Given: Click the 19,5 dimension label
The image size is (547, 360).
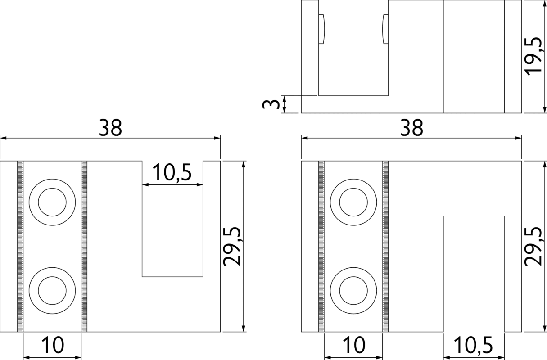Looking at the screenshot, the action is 534,57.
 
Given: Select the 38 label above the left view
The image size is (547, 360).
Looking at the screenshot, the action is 110,128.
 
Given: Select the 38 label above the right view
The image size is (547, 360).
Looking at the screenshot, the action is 411,128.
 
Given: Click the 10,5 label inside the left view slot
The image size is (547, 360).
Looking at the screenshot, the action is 172,172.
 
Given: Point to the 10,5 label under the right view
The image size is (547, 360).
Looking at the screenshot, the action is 473,345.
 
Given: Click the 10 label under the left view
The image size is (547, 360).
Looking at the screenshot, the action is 52,345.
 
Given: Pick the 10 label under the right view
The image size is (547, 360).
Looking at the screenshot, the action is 353,345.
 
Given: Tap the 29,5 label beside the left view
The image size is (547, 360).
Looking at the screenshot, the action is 232,247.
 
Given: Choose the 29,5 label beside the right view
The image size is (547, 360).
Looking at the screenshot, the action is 533,247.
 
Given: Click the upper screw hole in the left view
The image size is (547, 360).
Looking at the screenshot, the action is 52,202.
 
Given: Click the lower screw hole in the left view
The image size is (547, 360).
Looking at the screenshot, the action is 52,290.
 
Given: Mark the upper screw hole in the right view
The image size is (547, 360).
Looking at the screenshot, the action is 353,202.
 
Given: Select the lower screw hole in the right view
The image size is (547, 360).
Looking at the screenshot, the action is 353,290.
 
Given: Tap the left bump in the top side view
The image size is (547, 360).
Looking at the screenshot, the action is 321,29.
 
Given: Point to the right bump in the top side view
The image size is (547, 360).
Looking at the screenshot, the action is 385,29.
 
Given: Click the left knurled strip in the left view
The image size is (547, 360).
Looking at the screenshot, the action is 20,246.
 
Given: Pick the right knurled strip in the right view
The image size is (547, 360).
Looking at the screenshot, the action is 385,246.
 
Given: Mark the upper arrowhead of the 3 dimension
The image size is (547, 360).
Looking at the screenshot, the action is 284,99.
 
